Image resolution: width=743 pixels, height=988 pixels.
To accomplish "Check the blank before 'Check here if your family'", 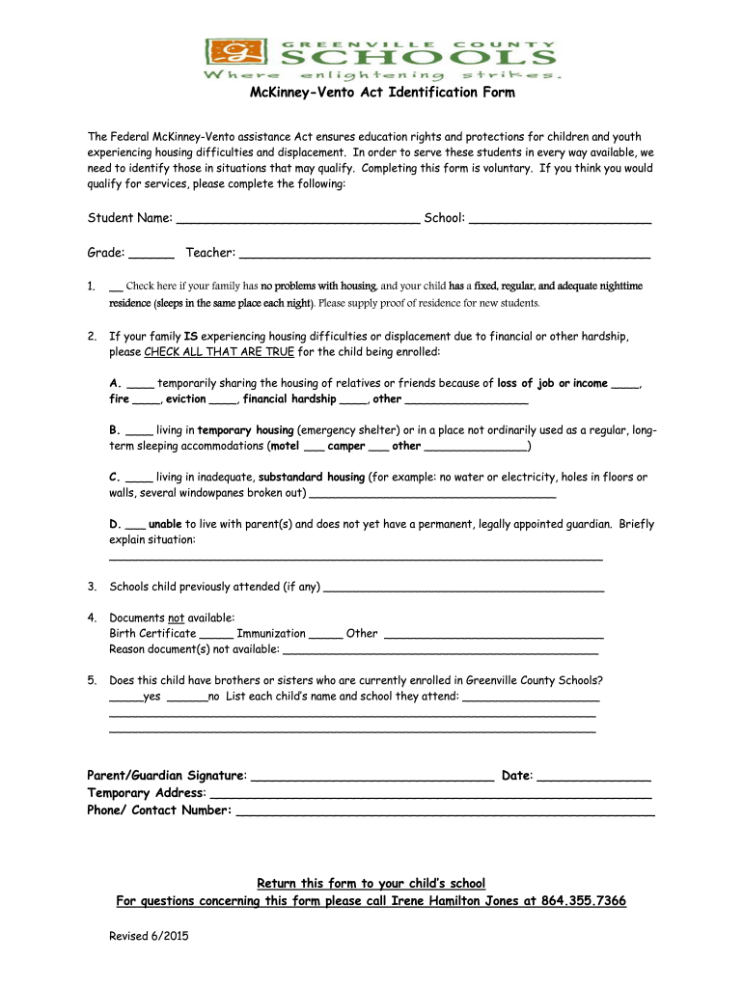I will point(116,288).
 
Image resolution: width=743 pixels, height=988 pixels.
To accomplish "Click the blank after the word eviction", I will point(223,401).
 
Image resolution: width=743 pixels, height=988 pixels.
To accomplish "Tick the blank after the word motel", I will point(314,450).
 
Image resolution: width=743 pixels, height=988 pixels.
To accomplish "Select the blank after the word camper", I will point(378,450).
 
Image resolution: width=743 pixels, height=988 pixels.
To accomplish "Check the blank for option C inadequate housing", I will point(139,480).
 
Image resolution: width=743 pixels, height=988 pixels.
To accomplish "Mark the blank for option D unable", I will point(135,527).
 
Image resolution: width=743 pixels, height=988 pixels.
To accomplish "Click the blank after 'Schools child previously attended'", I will point(464,589).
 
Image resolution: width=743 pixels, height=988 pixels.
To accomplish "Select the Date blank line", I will point(593,779).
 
